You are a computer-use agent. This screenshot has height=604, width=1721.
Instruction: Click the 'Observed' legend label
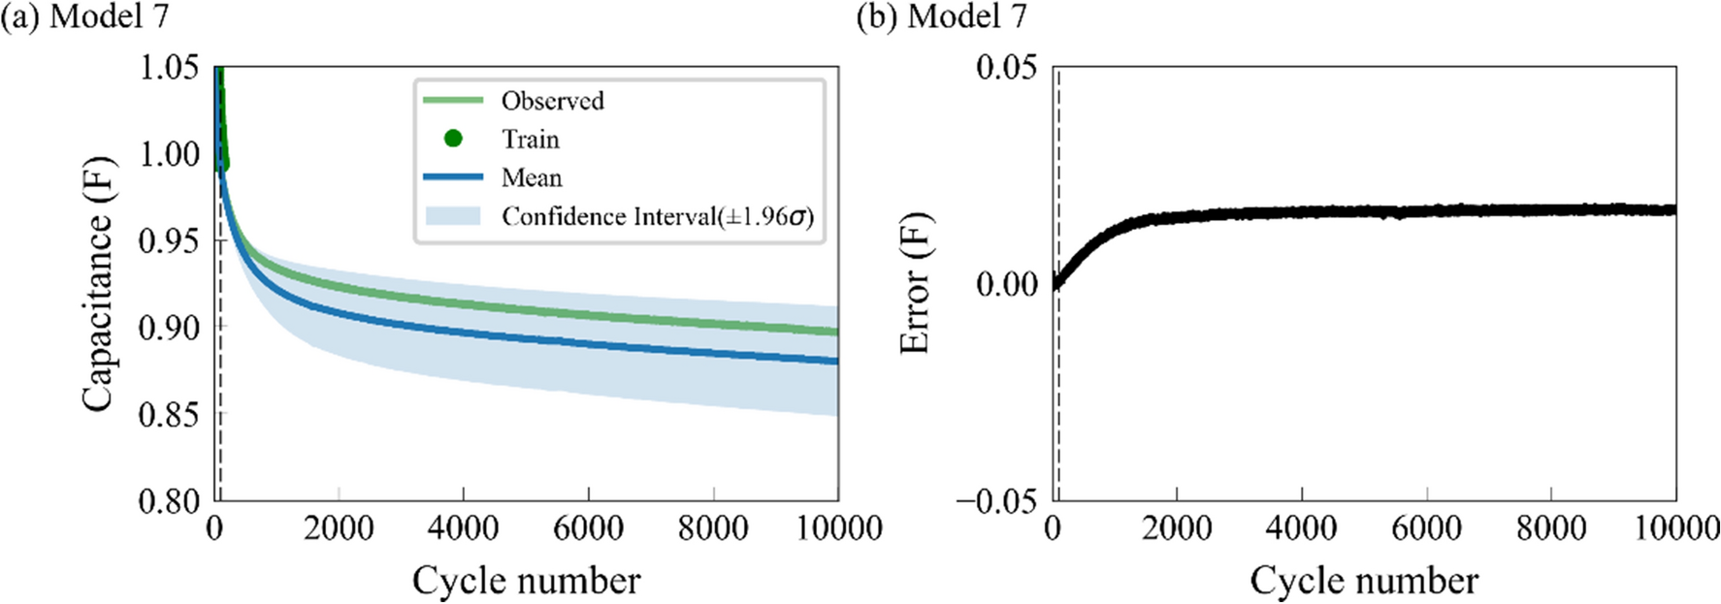coord(551,101)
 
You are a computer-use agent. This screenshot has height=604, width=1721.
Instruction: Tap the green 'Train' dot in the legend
coord(453,139)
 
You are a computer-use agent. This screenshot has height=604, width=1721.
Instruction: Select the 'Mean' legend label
coord(531,178)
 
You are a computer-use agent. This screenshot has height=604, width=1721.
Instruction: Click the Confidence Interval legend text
coord(657,216)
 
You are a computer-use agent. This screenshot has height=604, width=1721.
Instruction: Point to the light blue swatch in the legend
coord(453,216)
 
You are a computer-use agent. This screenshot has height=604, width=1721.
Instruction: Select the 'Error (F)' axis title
coord(915,283)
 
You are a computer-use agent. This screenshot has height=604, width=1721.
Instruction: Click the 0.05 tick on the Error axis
coord(1006,68)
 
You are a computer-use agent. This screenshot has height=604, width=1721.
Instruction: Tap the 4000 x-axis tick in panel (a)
coord(464,528)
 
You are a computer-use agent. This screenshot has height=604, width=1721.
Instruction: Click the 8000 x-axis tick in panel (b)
coord(1551,528)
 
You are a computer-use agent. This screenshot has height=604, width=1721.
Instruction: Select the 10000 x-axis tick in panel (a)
coord(838,528)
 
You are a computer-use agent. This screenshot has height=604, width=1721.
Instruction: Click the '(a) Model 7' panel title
coord(85,16)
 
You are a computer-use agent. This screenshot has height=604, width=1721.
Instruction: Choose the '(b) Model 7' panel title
coord(941,16)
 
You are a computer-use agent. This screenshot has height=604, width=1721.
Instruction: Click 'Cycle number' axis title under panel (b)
coord(1364,581)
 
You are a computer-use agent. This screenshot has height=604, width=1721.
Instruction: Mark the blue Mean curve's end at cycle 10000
coord(835,361)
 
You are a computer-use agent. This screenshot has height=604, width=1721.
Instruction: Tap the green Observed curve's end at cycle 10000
coord(835,332)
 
